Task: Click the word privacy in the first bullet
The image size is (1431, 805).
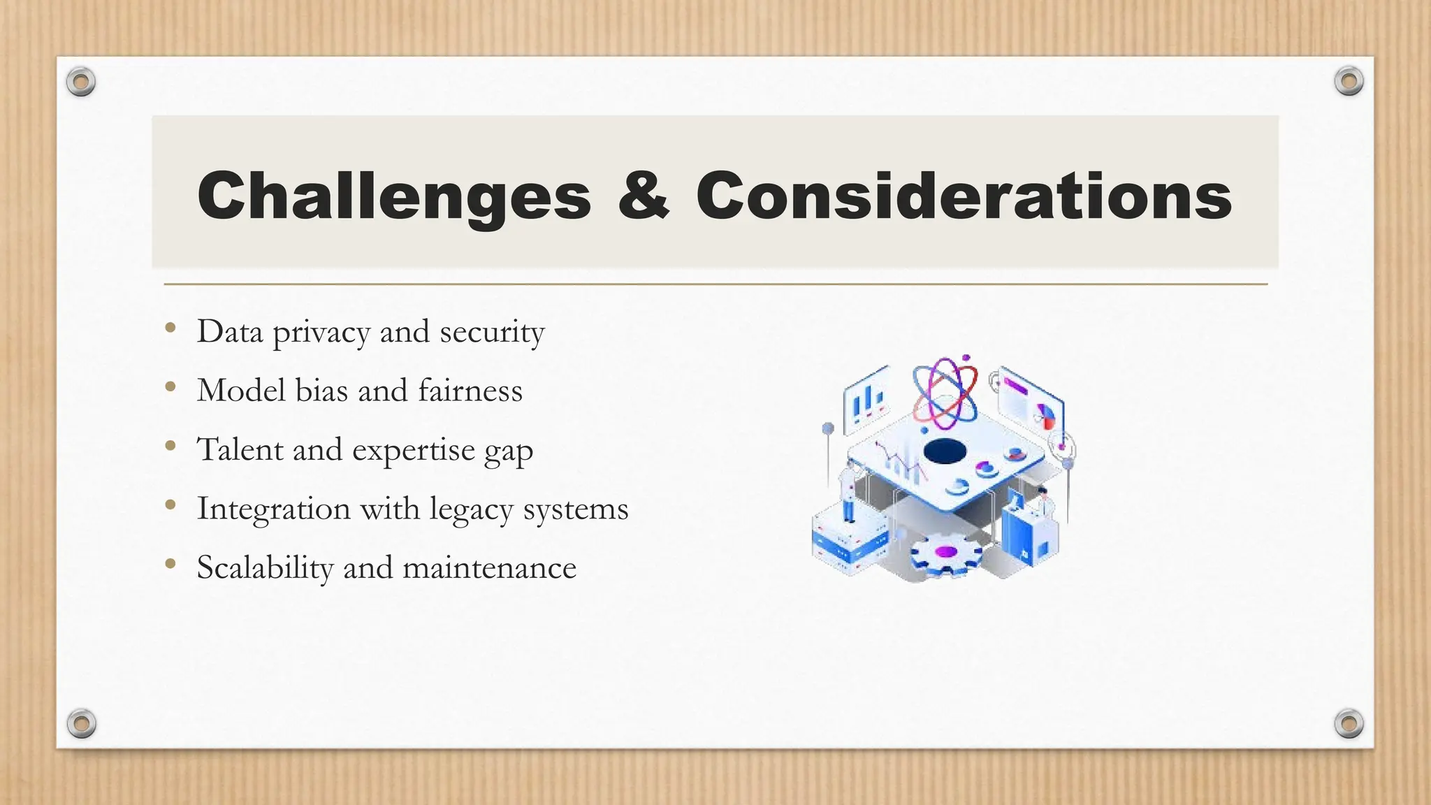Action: tap(321, 333)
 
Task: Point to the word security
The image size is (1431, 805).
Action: tap(492, 333)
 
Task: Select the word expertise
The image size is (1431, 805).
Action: tap(413, 451)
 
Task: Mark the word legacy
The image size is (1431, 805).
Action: tap(471, 510)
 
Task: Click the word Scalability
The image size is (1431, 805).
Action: tap(265, 567)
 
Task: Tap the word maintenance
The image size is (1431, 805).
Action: tap(489, 567)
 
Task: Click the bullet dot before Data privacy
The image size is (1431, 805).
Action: tap(170, 328)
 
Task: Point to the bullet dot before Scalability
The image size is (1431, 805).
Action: tap(170, 563)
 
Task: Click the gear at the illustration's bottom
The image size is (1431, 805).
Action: tap(945, 553)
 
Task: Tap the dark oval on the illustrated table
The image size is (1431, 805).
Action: tap(945, 451)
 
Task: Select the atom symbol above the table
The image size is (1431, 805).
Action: tap(945, 394)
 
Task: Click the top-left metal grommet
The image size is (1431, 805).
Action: tap(81, 82)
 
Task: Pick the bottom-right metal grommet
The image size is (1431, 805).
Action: tap(1349, 723)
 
